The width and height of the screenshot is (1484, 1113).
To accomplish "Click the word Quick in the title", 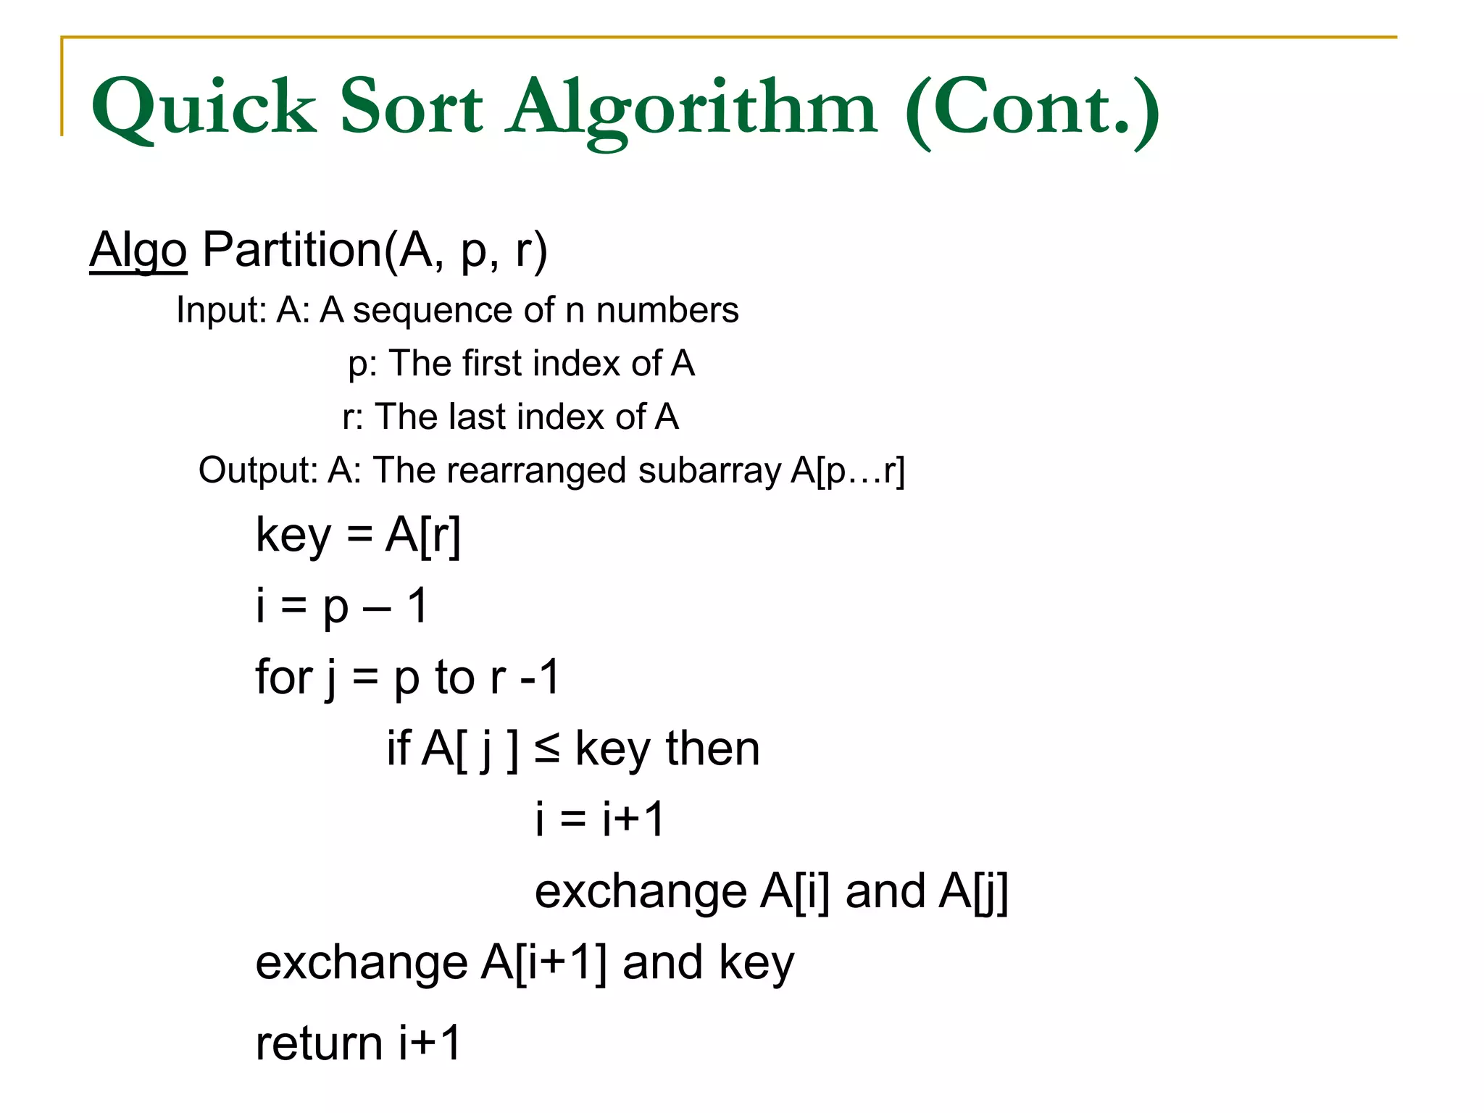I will point(204,109).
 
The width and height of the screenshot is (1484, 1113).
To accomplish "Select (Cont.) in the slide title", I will point(1032,109).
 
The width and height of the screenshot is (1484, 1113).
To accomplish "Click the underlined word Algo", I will point(138,250).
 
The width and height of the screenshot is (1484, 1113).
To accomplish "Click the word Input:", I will point(222,310).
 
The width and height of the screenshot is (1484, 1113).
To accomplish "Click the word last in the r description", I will point(476,417).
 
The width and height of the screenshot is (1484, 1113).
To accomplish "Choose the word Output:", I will point(258,470).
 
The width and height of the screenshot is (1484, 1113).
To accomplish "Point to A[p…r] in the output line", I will point(848,470).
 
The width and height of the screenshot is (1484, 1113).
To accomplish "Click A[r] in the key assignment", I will point(423,536).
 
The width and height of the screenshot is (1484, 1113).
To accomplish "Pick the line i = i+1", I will point(599,820).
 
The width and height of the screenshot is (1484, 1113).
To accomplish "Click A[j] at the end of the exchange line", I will point(973,891).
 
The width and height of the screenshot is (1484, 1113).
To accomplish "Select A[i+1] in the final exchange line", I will point(544,963).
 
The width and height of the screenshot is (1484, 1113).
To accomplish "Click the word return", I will point(319,1043).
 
